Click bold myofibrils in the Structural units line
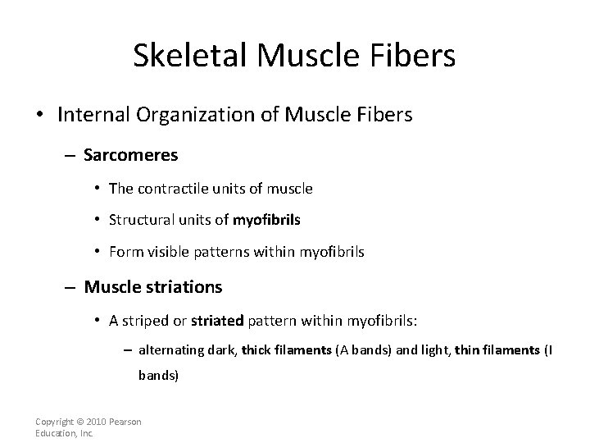[265, 221]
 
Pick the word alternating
[172, 350]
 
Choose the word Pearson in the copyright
[125, 422]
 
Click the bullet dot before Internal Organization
[41, 115]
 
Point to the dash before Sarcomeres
[71, 153]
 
